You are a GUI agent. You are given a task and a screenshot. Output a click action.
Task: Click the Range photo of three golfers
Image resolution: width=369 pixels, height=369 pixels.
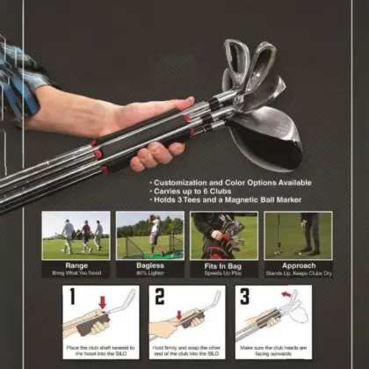(x=76, y=235)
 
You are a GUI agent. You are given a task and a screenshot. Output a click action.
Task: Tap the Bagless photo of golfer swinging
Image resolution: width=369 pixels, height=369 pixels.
(x=150, y=235)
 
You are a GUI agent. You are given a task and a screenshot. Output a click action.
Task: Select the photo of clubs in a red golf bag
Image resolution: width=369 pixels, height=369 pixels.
(x=224, y=235)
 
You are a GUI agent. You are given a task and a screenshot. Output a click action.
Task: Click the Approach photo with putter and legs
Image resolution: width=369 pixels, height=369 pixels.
(x=298, y=235)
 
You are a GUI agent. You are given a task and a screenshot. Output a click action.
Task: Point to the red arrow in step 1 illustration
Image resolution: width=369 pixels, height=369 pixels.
(x=103, y=304)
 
